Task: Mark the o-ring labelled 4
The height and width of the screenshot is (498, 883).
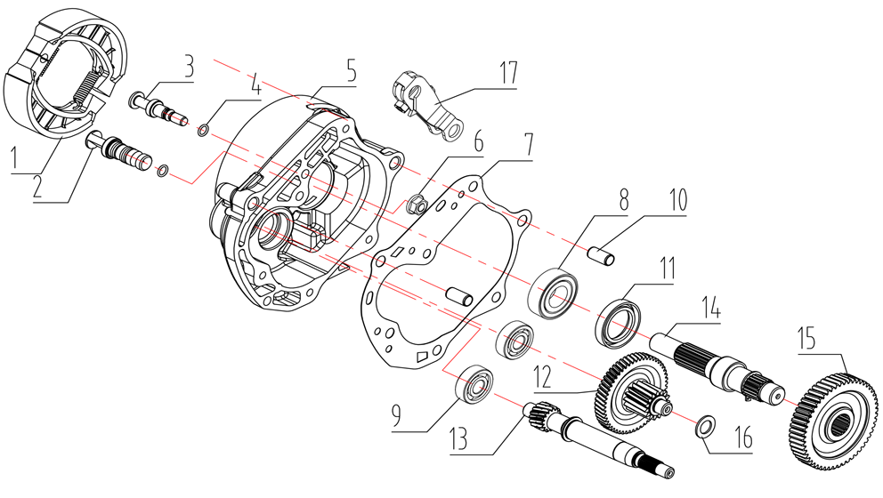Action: tap(203, 133)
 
